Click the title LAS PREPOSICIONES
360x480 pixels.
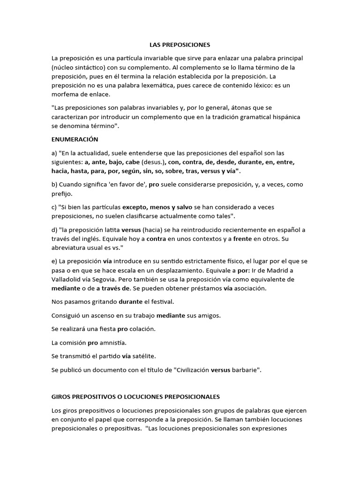click(180, 45)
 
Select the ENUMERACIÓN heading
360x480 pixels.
click(75, 140)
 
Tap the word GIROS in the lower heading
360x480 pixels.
click(61, 397)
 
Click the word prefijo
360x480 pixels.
click(62, 194)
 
